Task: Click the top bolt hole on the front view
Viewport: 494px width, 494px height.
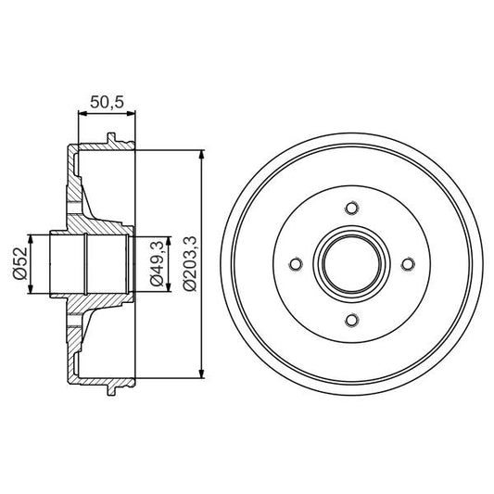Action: click(x=350, y=209)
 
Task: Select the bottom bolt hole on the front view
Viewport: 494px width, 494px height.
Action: click(x=350, y=321)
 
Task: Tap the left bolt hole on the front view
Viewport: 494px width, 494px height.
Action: click(x=295, y=265)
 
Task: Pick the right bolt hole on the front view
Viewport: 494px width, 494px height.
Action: click(x=407, y=265)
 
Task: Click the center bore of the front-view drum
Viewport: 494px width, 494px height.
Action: click(x=350, y=265)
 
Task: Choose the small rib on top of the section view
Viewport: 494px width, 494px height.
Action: click(x=112, y=140)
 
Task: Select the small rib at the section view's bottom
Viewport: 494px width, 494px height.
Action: click(x=112, y=388)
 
